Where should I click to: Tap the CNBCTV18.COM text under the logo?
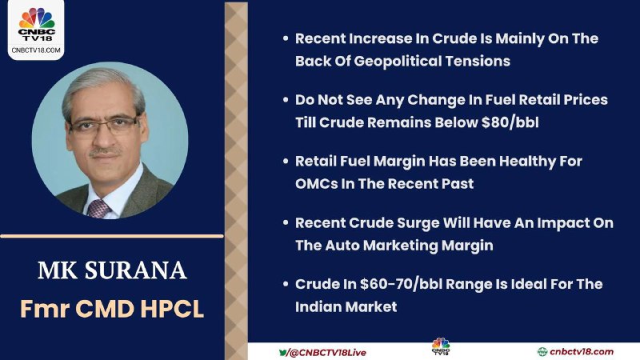click(x=36, y=50)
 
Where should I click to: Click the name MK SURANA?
click(x=112, y=270)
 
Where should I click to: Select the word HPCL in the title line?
click(x=172, y=309)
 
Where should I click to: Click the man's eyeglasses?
click(x=104, y=125)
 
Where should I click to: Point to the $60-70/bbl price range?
click(x=410, y=284)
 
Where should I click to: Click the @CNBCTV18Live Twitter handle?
click(x=328, y=352)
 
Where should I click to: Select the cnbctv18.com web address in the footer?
click(x=582, y=351)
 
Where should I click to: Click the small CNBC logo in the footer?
click(x=441, y=346)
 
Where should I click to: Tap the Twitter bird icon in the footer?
click(x=283, y=352)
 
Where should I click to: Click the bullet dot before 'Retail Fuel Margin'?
click(x=286, y=162)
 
